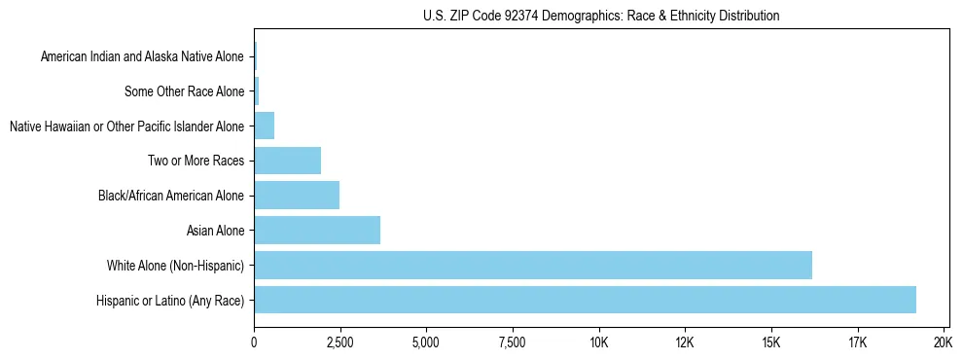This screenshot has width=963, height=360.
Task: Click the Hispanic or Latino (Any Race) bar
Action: pos(585,300)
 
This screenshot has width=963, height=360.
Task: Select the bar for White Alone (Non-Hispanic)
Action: pos(533,265)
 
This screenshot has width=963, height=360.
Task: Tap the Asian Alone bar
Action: pos(317,231)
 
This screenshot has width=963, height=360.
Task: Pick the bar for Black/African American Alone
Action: pos(297,196)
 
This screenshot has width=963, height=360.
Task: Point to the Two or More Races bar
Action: pos(287,161)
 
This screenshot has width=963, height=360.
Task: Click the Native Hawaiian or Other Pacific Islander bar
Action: pos(264,126)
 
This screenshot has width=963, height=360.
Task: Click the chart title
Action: pos(601,16)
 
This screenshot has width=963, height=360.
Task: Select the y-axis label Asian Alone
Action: pos(216,231)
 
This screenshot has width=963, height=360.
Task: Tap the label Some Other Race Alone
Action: pos(185,91)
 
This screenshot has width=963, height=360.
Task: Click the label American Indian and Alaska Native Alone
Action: pos(143,57)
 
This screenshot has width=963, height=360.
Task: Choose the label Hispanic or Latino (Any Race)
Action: pos(171,300)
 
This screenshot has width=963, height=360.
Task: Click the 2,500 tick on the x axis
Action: pos(339,343)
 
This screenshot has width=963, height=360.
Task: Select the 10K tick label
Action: pos(598,343)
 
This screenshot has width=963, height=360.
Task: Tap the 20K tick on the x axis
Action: pos(943,343)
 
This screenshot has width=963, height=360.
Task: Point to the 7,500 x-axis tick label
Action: pos(512,343)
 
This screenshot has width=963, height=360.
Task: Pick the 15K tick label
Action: pos(770,343)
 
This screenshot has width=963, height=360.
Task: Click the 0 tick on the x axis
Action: pos(254,343)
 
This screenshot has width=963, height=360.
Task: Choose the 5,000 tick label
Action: pos(426,343)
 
